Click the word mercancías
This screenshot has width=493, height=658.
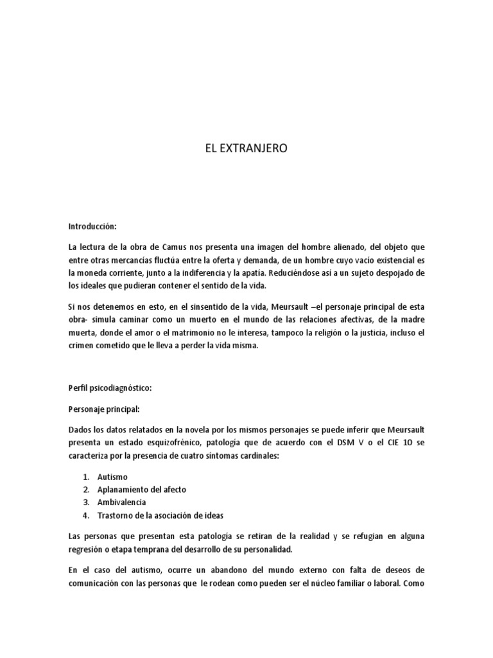[x=132, y=260]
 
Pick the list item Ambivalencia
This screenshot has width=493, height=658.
[x=122, y=502]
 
